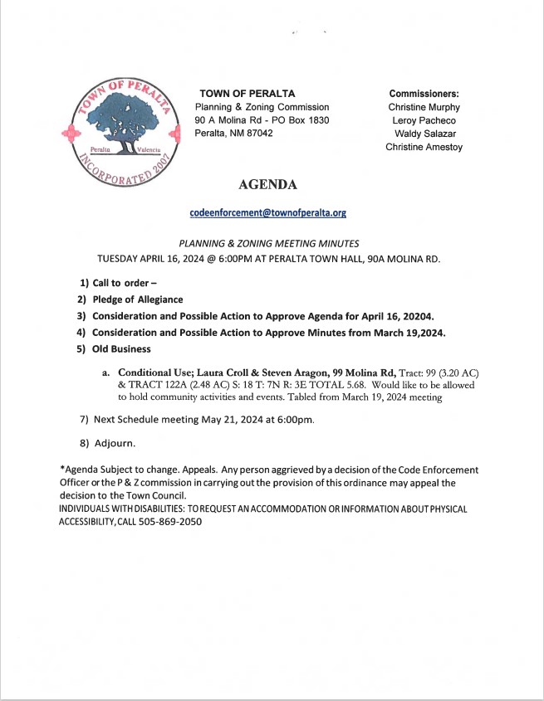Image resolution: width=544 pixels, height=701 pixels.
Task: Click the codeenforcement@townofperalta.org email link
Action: coord(267,212)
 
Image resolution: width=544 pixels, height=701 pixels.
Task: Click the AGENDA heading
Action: coord(267,184)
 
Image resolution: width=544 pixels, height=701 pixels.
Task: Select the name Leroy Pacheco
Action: coord(424,120)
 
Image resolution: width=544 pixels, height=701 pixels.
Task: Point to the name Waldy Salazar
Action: coord(424,134)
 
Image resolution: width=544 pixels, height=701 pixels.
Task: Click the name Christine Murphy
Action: coord(424,107)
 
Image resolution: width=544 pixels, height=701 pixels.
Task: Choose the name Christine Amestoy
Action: coord(424,147)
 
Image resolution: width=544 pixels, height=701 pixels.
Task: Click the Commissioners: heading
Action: coord(424,94)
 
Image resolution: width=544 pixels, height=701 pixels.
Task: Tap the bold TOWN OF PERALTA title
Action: coord(247,94)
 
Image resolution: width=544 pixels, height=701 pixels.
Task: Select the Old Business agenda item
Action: coord(121,348)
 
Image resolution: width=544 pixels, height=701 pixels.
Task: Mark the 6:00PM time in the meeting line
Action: coord(221,258)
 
